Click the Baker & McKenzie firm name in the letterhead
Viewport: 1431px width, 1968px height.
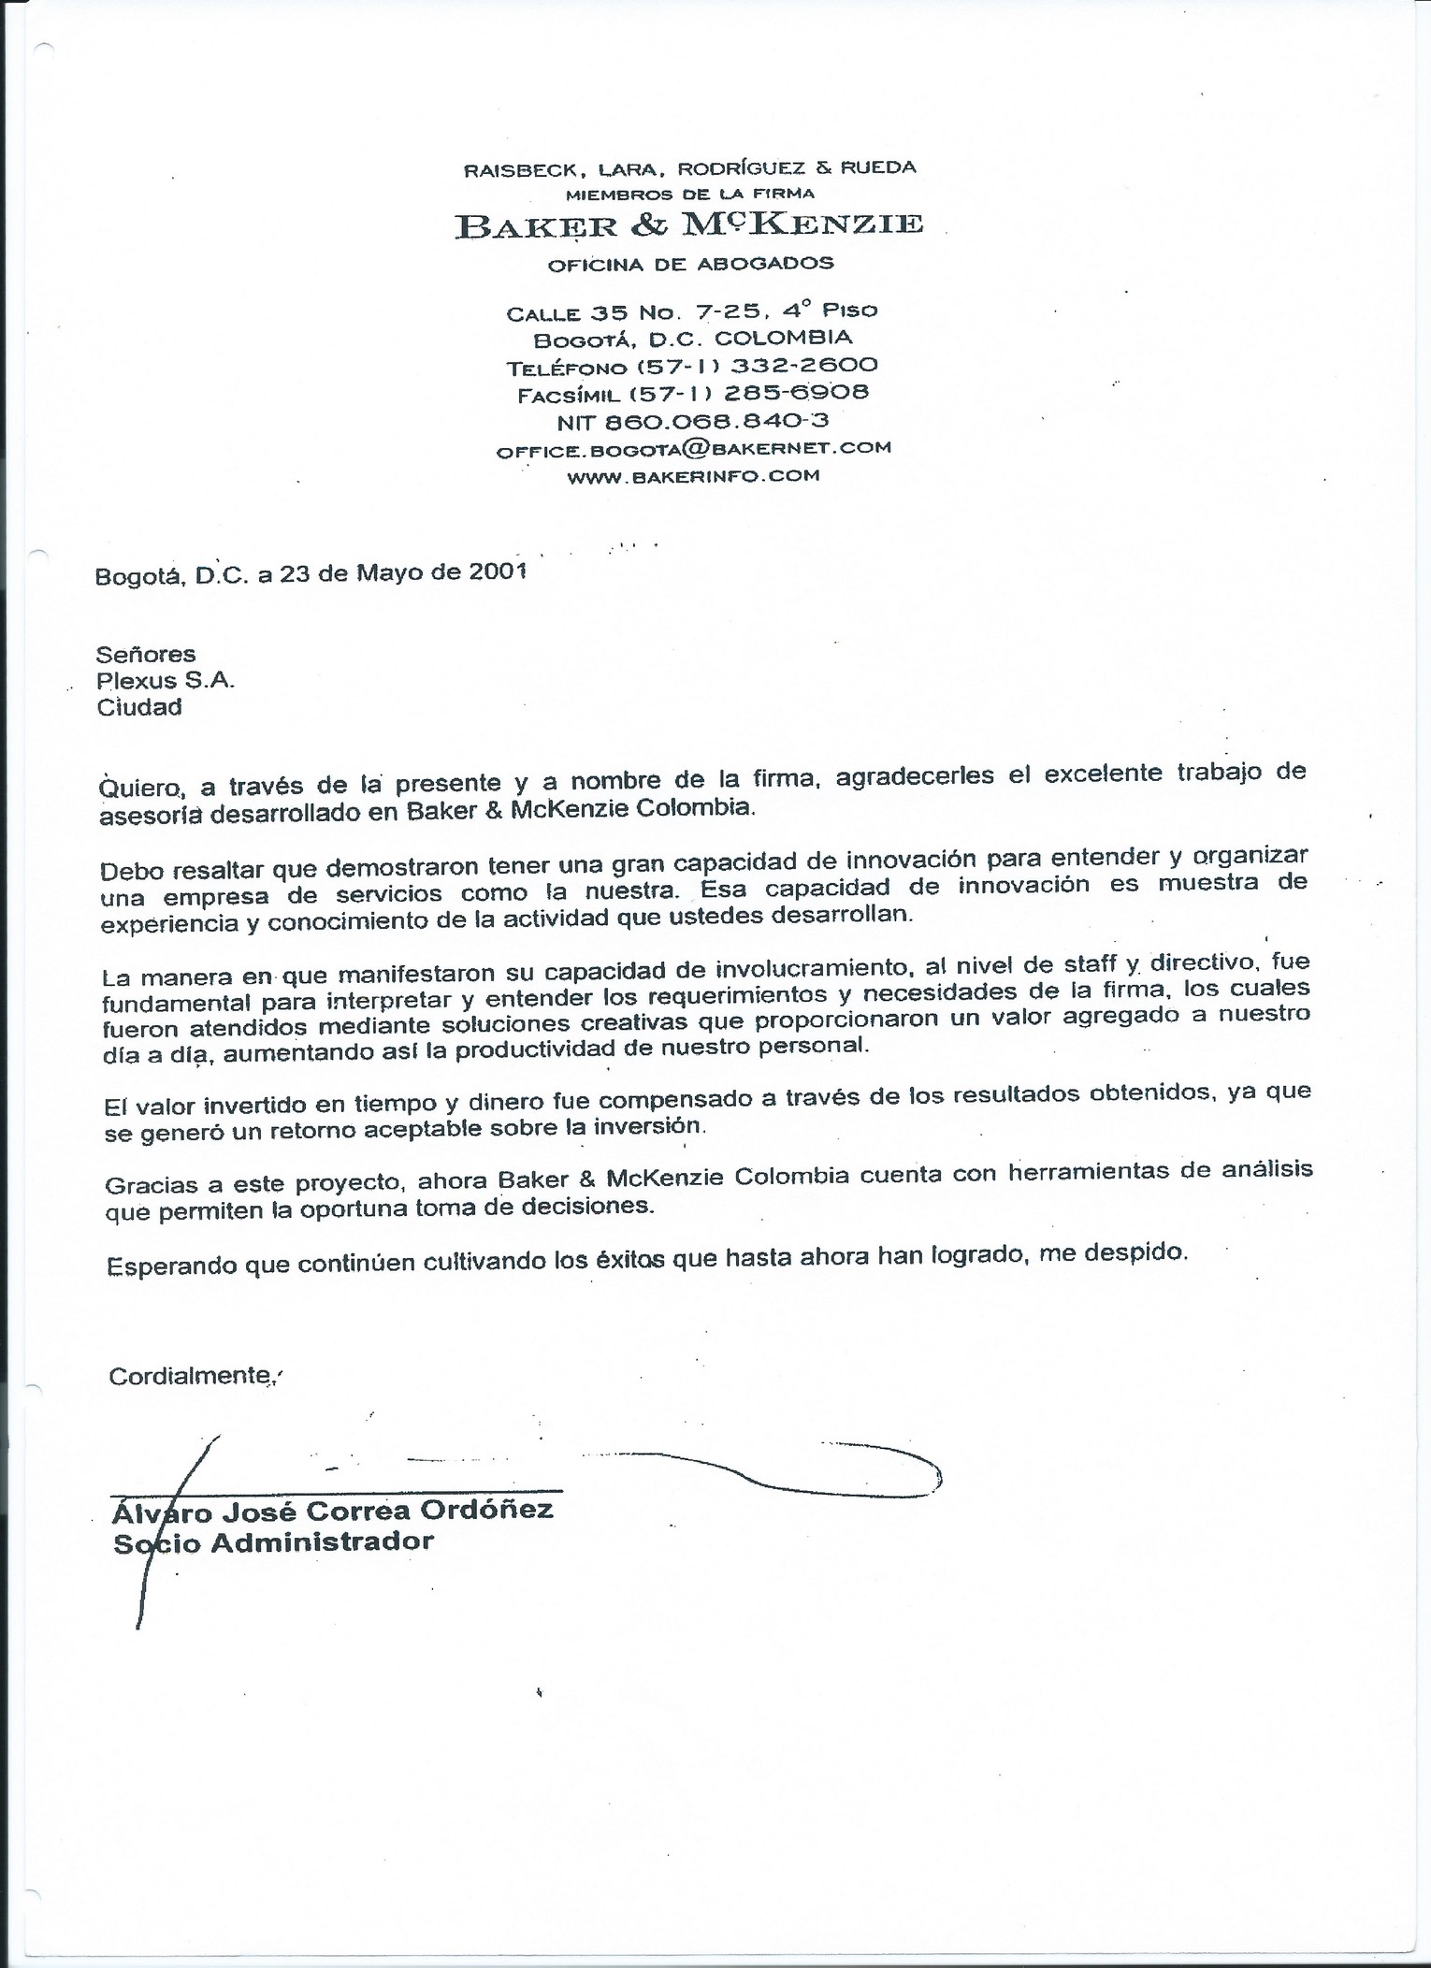coord(688,225)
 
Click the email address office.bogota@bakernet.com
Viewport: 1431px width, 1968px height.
coord(693,448)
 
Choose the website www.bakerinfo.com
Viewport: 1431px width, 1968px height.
coord(693,476)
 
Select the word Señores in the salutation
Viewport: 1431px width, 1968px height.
coord(146,654)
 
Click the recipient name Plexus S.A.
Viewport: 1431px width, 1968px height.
coord(166,680)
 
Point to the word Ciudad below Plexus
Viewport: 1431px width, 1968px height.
coord(139,706)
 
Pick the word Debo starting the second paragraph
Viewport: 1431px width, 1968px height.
coord(129,869)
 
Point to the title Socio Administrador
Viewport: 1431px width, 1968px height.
coord(273,1541)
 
